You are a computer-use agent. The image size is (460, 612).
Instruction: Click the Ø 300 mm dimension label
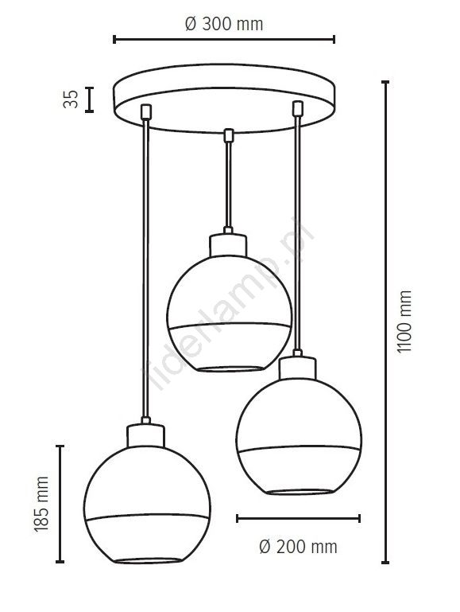click(224, 24)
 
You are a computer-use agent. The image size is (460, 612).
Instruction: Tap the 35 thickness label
click(71, 99)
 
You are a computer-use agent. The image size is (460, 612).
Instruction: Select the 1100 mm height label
click(404, 322)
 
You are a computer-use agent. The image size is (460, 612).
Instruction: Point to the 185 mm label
click(41, 504)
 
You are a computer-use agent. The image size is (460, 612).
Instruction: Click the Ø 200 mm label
click(298, 547)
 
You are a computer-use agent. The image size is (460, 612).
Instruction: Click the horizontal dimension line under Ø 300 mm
click(224, 40)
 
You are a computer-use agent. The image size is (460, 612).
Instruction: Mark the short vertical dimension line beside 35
click(89, 99)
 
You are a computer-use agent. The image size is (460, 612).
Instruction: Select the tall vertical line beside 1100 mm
click(385, 322)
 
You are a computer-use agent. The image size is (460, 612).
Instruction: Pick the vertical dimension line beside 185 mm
click(60, 504)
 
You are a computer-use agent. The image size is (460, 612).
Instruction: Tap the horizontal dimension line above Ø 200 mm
click(298, 518)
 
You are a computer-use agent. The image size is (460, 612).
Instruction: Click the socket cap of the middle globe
click(228, 245)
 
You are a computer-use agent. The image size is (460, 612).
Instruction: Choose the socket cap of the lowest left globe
click(146, 435)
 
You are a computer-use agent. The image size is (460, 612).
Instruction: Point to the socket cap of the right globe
click(298, 368)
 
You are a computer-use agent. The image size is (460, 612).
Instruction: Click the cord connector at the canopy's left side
click(146, 111)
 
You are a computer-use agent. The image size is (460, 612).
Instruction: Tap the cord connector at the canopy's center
click(229, 135)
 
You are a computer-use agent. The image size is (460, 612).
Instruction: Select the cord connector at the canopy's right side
click(298, 108)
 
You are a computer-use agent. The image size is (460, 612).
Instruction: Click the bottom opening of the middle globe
click(230, 368)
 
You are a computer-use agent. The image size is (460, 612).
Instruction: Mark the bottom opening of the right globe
click(300, 492)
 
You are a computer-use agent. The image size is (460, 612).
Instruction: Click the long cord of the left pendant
click(145, 268)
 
